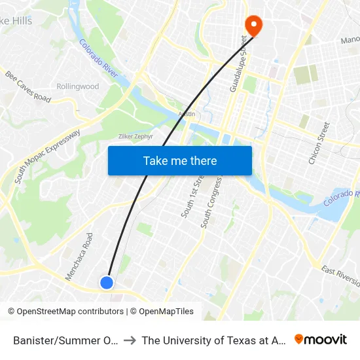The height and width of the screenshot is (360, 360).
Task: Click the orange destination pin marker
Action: click(253, 24)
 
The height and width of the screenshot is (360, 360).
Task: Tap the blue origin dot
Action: click(107, 282)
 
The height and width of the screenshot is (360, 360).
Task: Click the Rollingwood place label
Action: click(77, 86)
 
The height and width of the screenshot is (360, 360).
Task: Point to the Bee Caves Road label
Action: click(27, 86)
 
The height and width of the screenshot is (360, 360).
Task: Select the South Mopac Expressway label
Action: click(47, 156)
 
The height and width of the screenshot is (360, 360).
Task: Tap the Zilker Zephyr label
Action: click(135, 136)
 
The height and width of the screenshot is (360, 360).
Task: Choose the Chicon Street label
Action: click(319, 143)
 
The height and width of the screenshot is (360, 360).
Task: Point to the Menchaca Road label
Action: click(79, 257)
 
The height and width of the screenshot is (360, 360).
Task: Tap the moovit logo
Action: click(320, 340)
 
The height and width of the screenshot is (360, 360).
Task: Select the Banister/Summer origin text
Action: click(65, 340)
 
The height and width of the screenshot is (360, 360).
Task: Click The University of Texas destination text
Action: click(212, 340)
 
